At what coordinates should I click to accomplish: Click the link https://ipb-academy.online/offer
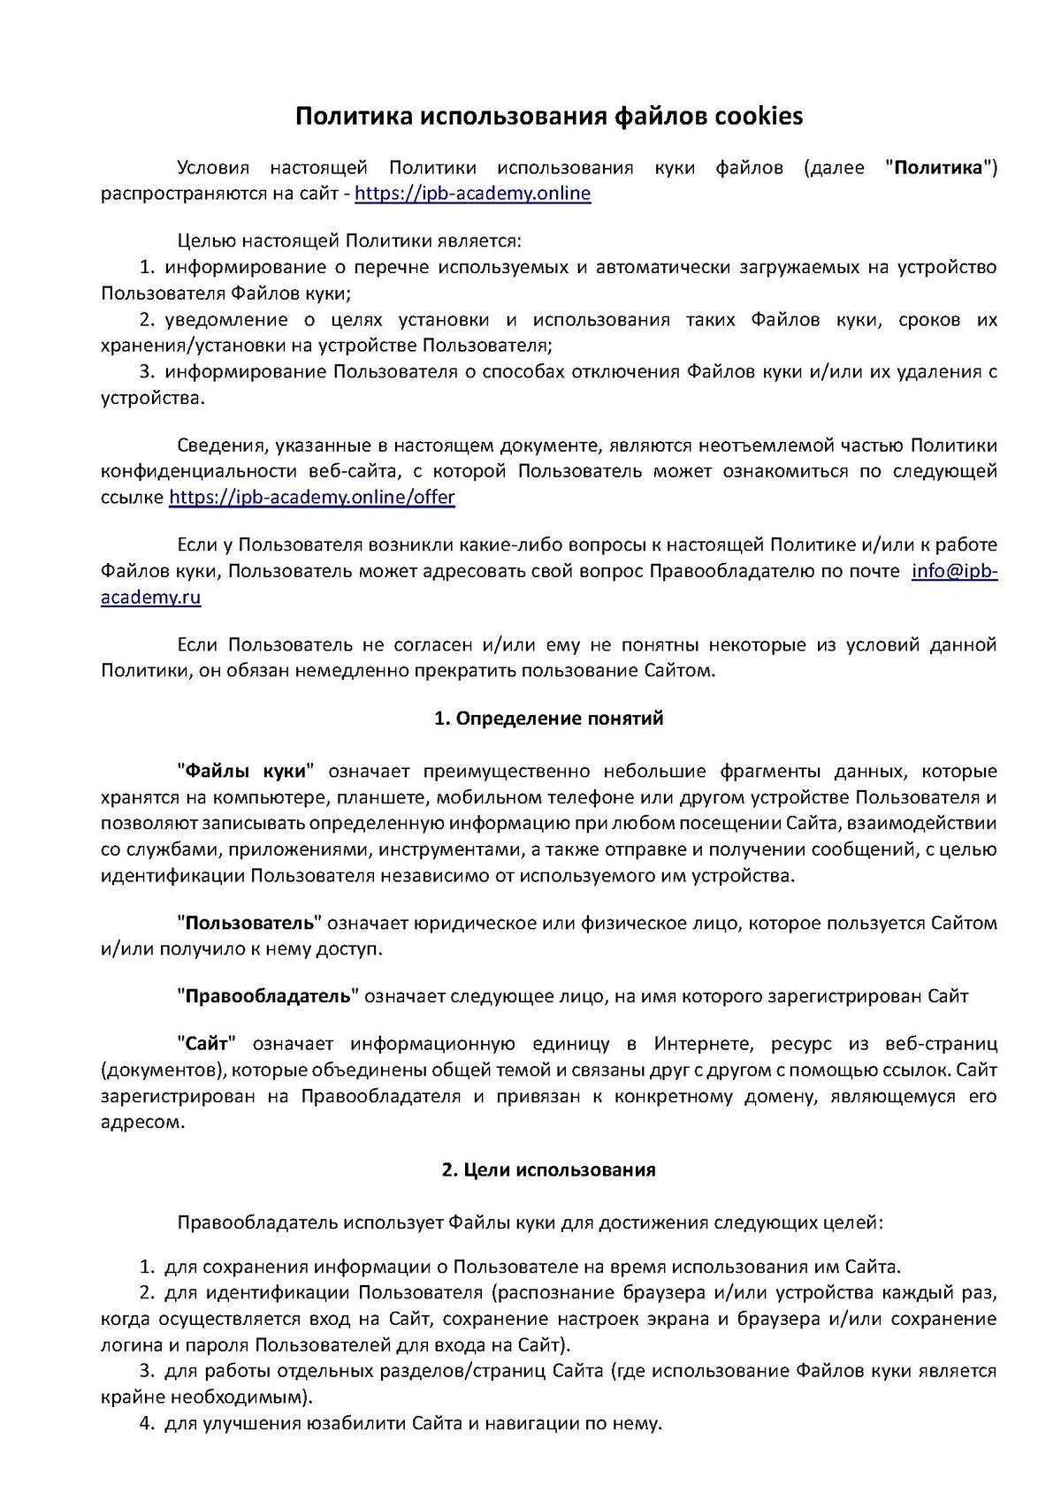tap(311, 497)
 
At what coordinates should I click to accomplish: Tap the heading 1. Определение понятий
tap(548, 718)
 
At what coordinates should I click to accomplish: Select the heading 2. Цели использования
tap(548, 1169)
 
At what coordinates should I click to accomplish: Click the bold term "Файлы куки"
tap(246, 771)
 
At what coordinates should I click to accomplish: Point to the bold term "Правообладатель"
tap(268, 996)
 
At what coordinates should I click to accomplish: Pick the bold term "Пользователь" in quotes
tap(250, 923)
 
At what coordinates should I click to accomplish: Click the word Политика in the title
tap(350, 116)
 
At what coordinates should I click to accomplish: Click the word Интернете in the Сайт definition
tap(703, 1044)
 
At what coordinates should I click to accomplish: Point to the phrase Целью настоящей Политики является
tap(349, 240)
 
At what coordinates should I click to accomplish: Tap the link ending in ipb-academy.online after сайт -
tap(472, 194)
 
